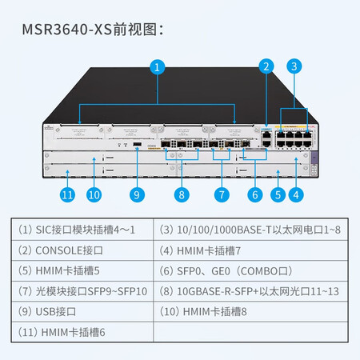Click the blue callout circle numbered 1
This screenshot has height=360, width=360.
pos(157,67)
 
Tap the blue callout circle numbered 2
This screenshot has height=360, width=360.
pos(266,66)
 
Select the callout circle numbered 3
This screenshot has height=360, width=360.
pos(294,66)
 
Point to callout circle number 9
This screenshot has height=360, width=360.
pos(137,194)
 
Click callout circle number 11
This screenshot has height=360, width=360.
pos(67,194)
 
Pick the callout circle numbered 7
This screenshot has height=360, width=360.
pos(222,194)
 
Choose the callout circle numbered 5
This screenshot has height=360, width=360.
pos(278,194)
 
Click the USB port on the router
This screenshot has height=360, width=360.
pos(137,144)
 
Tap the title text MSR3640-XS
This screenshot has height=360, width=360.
pos(66,29)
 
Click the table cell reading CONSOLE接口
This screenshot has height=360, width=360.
pos(82,250)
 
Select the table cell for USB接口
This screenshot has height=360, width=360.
pos(82,311)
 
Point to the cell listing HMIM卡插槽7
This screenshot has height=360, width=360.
pos(250,250)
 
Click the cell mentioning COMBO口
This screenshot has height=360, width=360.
pos(250,271)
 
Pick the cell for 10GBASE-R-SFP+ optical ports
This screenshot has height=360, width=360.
pos(250,291)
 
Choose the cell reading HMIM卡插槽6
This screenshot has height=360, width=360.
pos(82,332)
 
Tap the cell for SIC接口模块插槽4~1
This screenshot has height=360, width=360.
pos(82,230)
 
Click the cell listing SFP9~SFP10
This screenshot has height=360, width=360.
pos(82,291)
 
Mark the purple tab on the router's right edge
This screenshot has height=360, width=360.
pos(314,158)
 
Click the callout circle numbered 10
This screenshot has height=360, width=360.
pos(94,194)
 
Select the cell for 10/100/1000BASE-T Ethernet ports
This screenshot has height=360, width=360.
pos(250,230)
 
